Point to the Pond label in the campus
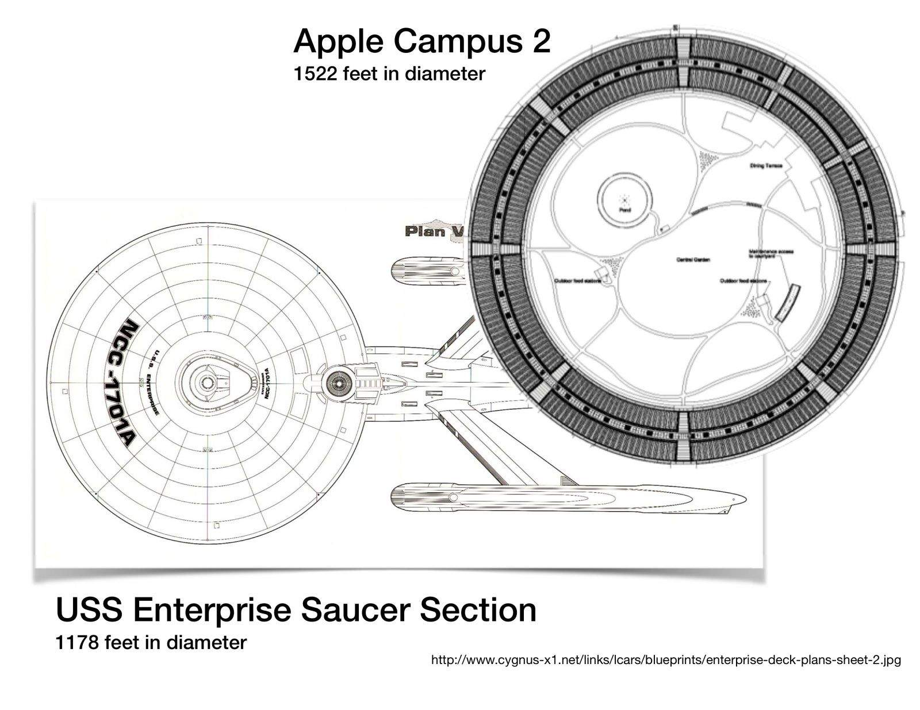(625, 210)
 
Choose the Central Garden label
(693, 260)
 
